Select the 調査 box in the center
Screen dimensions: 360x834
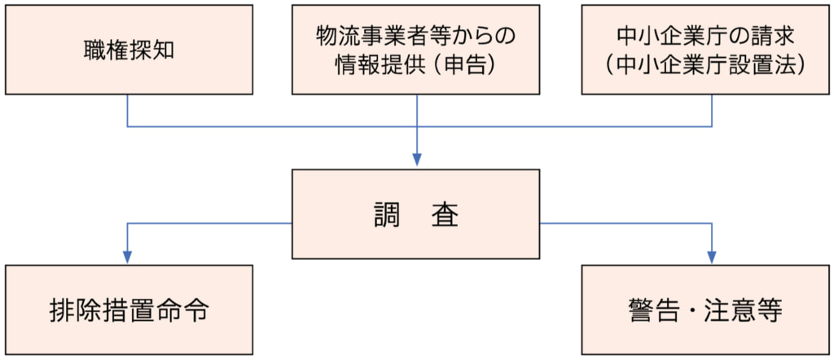pos(416,214)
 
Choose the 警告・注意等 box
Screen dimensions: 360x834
pos(705,310)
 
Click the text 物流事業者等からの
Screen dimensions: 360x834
pos(416,37)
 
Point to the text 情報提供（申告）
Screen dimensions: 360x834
pos(416,65)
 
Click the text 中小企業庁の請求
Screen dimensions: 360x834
pos(705,37)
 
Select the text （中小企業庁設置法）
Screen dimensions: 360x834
pos(705,65)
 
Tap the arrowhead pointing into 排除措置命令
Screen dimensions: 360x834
pos(127,257)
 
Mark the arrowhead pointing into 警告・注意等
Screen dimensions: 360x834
pos(711,257)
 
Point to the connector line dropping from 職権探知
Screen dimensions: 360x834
pos(127,111)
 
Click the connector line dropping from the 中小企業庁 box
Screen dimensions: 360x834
pos(713,111)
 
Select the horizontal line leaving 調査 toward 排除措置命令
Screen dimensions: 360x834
pos(212,222)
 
